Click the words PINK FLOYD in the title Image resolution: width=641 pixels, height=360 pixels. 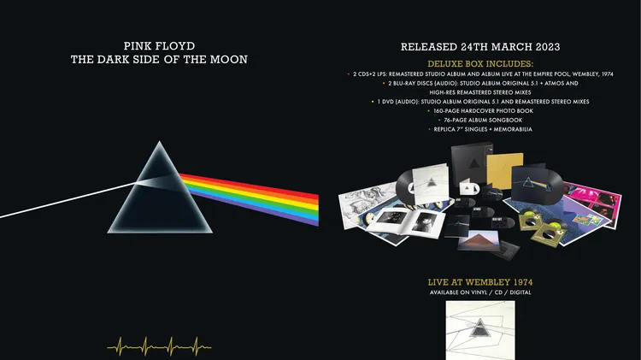tap(159, 46)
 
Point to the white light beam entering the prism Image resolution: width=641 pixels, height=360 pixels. tap(68, 199)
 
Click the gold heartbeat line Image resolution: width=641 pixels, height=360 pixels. tap(159, 346)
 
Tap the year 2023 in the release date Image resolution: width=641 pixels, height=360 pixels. tap(544, 47)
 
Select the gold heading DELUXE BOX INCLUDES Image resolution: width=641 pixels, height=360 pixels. tap(480, 64)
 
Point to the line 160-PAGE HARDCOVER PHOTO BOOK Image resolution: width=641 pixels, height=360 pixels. tap(483, 111)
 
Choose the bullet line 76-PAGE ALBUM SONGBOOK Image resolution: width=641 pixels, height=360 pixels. tap(483, 121)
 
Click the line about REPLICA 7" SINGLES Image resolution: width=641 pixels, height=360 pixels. tap(483, 129)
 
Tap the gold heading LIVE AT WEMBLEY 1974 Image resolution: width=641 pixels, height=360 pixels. tap(480, 282)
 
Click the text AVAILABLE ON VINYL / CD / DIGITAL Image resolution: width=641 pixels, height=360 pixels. tap(480, 292)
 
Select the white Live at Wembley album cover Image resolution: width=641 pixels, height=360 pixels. tap(480, 331)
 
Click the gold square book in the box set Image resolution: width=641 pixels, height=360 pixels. tap(505, 170)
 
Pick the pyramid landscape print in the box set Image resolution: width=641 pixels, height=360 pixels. tap(479, 240)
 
